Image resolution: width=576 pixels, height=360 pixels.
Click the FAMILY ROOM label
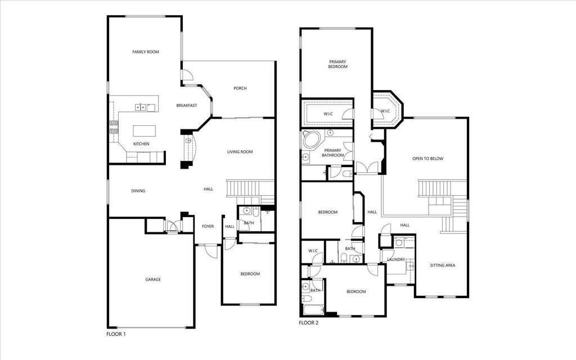(146, 52)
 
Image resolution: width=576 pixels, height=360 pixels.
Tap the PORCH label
(240, 88)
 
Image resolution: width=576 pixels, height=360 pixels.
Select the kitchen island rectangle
(144, 130)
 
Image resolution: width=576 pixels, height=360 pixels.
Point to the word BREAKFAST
(187, 105)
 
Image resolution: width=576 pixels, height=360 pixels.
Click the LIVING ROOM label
(240, 152)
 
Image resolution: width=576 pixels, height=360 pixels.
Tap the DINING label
(138, 191)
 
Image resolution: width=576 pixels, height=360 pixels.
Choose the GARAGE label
(153, 280)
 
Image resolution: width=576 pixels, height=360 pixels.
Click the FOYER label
(208, 226)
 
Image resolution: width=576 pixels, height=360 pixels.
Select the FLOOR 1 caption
(116, 334)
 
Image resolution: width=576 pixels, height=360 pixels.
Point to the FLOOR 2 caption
(309, 323)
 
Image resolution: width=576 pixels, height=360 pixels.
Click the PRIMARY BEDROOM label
(338, 64)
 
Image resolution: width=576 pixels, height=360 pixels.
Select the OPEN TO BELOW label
(427, 159)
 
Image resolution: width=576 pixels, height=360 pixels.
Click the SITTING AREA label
(442, 265)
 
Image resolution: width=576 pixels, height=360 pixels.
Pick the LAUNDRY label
(396, 259)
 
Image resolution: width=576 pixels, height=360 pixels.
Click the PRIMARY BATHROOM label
(333, 153)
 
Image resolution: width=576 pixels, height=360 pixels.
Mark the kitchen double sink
(140, 107)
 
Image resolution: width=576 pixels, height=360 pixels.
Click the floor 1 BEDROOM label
(250, 274)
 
